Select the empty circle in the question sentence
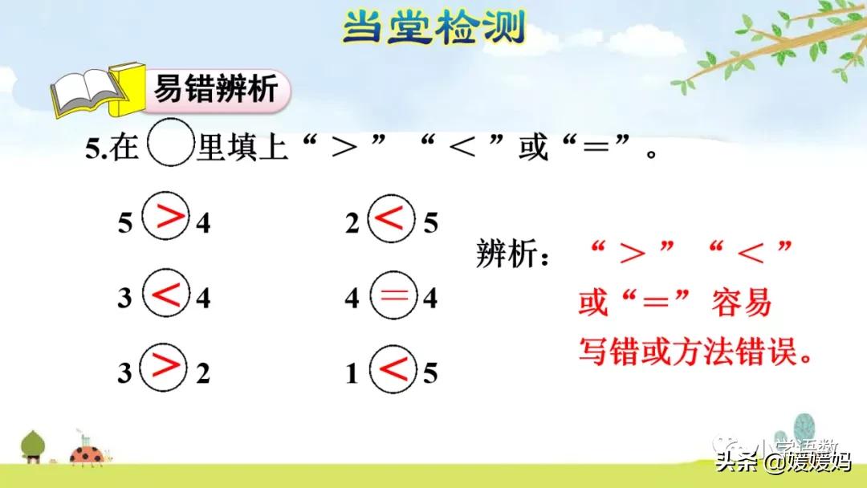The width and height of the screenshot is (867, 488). (169, 149)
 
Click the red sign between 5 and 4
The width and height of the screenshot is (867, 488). (167, 218)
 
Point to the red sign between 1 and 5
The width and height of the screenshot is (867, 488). (393, 369)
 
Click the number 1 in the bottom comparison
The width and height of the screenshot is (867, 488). (352, 374)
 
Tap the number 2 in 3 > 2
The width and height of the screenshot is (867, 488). (203, 374)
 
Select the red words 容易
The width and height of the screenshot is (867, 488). (741, 303)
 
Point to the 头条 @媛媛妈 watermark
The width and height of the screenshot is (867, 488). (782, 462)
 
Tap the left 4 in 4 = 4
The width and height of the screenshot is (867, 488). (352, 299)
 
